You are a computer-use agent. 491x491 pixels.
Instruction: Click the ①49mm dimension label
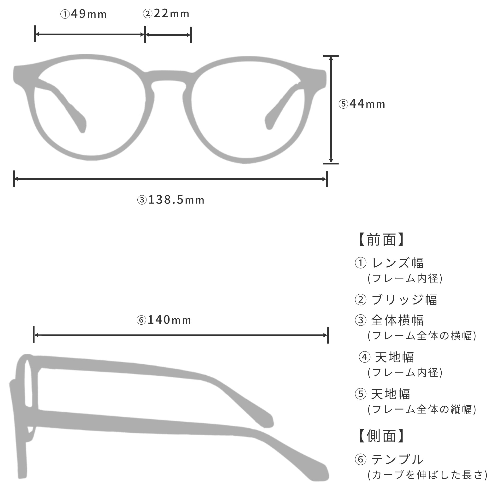(83, 14)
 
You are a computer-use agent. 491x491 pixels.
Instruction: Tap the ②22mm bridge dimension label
(166, 14)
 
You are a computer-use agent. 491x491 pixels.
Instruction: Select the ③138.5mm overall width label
(171, 200)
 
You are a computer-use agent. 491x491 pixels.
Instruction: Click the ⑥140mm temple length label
(164, 320)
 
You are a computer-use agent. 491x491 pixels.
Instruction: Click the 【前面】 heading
(381, 240)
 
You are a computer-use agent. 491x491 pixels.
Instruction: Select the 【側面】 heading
(381, 436)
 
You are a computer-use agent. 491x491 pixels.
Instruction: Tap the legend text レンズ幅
(398, 263)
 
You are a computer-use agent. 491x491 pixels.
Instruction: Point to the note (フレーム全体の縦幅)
(422, 409)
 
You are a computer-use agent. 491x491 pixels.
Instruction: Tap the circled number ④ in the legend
(364, 357)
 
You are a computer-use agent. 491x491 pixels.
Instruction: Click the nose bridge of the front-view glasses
(169, 76)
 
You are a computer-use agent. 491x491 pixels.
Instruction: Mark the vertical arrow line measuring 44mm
(331, 110)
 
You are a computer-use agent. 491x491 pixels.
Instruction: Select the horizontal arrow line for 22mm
(168, 35)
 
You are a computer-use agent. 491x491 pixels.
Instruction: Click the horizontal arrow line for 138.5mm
(170, 179)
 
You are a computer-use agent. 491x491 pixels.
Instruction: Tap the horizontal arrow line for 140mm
(181, 335)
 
